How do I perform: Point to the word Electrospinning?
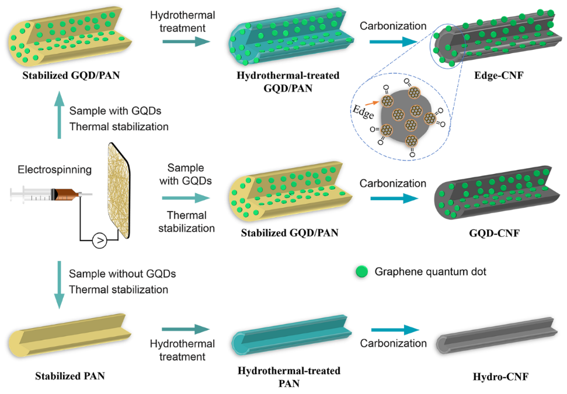tap(47, 170)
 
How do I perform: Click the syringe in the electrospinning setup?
tap(49, 192)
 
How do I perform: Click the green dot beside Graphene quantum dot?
tap(362, 271)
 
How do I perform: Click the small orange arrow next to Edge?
tap(377, 103)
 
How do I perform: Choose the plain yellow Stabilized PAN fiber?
tap(70, 336)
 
